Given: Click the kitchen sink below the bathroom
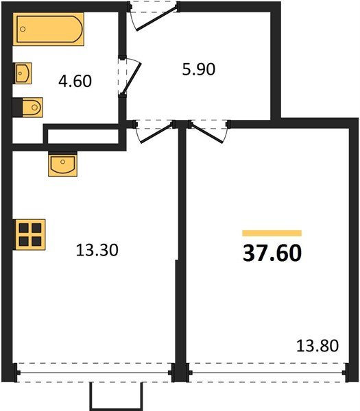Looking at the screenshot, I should [62, 164].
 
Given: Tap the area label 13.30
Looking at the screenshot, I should [97, 251].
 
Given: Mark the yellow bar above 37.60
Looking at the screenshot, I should [272, 234].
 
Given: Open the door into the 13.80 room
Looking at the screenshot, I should [209, 130].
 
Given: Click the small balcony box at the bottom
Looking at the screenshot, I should [116, 396].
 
